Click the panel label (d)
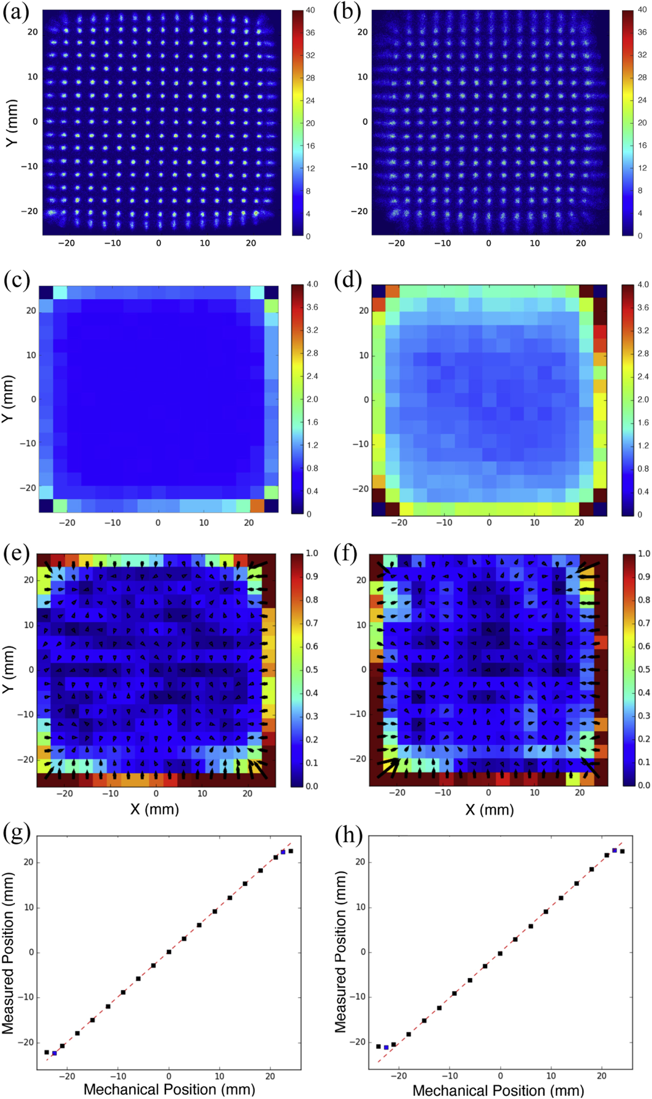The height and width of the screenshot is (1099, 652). (348, 281)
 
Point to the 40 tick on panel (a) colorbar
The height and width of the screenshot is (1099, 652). (310, 10)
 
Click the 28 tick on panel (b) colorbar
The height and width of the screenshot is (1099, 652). (642, 78)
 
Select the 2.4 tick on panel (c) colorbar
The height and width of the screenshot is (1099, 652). (312, 376)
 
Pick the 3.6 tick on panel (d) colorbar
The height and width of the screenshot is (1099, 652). (643, 307)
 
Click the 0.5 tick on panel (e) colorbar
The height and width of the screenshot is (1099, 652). (312, 669)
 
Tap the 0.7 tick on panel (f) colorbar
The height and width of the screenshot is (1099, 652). (644, 623)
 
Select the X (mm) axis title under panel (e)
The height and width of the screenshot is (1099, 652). (155, 809)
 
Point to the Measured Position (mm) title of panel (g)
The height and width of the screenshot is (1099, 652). (8, 954)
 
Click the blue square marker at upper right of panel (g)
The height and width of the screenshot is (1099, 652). (283, 852)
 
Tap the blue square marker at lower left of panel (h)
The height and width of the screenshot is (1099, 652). (386, 1047)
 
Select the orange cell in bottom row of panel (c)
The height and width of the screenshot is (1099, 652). (257, 506)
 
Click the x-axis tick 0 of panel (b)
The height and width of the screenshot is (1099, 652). (488, 243)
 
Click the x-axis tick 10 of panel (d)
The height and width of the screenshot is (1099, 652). (534, 523)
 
